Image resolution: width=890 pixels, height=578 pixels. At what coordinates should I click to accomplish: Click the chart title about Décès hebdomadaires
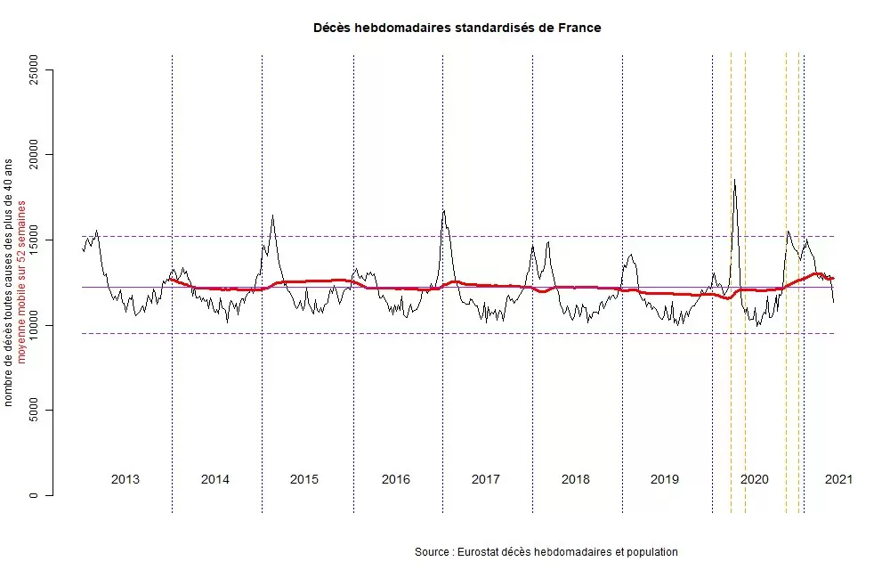(457, 28)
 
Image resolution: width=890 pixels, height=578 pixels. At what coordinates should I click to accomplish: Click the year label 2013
(125, 479)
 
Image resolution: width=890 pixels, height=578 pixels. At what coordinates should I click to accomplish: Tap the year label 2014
(215, 479)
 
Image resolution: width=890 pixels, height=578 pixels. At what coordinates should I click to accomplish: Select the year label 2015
(304, 479)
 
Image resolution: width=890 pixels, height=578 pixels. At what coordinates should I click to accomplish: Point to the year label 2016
(396, 479)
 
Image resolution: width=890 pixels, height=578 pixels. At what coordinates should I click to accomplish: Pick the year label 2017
(485, 479)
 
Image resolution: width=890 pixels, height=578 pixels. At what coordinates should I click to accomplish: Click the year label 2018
(576, 479)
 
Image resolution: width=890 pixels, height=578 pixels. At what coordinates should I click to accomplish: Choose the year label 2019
(665, 479)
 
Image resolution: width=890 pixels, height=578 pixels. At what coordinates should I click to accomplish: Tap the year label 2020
(755, 479)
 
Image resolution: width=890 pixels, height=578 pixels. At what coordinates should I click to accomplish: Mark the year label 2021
(838, 479)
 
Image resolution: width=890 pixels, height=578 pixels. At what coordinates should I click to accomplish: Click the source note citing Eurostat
(546, 552)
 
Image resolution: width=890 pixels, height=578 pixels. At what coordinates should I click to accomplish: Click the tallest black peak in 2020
(734, 181)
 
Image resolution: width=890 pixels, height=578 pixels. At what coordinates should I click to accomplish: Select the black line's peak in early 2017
(443, 211)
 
